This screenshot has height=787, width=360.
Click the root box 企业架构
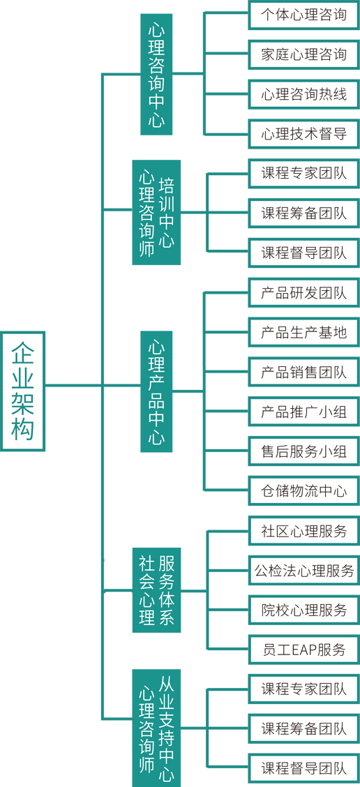23,391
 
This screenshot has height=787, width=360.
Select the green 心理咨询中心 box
156,74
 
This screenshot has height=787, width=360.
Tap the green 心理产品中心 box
156,391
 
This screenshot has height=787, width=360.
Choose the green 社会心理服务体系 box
156,590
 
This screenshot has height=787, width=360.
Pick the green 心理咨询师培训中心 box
156,212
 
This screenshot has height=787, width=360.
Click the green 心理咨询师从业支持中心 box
156,728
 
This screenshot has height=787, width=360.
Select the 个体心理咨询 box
304,14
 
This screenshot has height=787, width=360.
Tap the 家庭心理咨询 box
304,54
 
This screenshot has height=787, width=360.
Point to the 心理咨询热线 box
304,94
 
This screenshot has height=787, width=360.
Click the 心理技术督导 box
304,134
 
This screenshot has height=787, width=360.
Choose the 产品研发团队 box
304,292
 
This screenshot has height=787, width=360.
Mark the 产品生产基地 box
304,332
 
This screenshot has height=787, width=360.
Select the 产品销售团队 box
304,372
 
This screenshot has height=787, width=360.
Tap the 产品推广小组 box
304,412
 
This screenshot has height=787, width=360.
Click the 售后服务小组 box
304,451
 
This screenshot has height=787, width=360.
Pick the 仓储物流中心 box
304,490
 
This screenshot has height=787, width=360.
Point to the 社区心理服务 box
304,530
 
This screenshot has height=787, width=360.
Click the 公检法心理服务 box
304,570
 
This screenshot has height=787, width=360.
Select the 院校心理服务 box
304,610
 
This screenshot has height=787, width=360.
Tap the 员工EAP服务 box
304,650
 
